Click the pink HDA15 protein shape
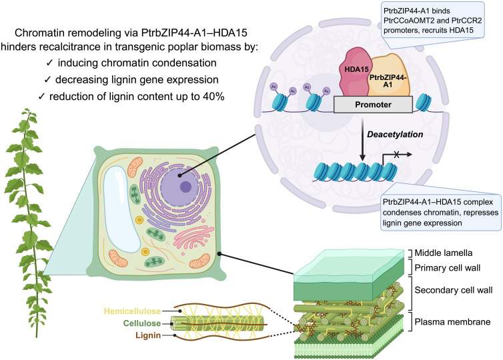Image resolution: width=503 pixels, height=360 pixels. pos(354,72)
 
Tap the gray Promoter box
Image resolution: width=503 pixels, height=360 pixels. pos(373,105)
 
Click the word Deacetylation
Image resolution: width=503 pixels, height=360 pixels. pos(395,134)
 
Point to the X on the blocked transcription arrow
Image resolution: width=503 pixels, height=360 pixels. pos(396,155)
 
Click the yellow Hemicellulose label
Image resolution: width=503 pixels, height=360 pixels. pos(132,311)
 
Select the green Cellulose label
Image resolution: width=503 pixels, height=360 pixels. pos(142,323)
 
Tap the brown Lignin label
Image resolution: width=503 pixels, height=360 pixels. pos(148,335)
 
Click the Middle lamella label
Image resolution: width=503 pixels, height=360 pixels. pos(444,253)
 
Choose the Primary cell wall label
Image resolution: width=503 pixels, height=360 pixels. pos(448,268)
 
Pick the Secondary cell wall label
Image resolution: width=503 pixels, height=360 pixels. pos(453,290)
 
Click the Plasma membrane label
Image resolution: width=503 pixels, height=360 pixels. pos(452,321)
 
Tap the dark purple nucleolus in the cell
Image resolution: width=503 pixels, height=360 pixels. pos(185,187)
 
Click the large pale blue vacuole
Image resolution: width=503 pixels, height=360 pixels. pos(122,210)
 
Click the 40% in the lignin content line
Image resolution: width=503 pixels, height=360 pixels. pos(213,96)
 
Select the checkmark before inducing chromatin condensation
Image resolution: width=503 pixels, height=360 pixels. pos(49,63)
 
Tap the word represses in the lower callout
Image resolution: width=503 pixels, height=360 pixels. pos(474,212)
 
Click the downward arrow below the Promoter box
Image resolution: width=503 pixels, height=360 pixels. pos(362,139)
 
